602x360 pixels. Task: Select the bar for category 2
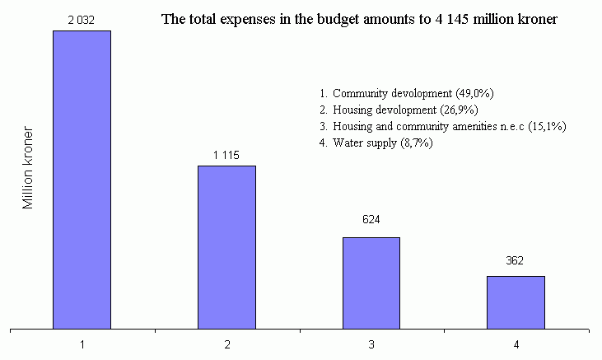pos(226,247)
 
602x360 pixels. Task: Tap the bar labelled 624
pos(371,283)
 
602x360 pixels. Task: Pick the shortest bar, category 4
pos(516,302)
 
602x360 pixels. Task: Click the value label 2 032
pos(82,20)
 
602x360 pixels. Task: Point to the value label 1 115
pos(226,154)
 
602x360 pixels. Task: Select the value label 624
pos(371,220)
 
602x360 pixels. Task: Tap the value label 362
pos(516,259)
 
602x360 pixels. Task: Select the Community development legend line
pos(406,93)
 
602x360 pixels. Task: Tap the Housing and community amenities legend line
pos(442,126)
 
